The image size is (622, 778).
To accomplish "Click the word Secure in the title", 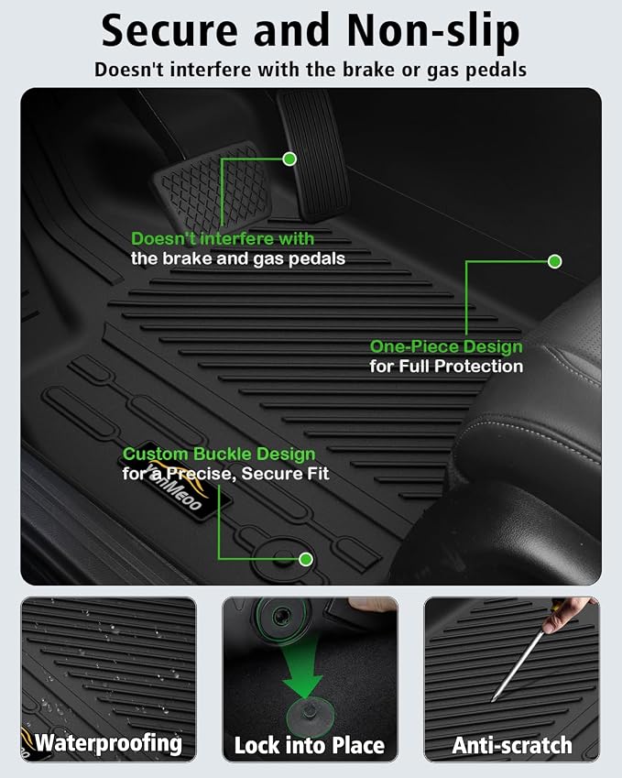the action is pyautogui.click(x=169, y=31).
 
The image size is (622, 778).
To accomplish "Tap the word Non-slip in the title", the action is pyautogui.click(x=432, y=32).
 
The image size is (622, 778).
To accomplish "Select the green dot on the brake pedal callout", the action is pyautogui.click(x=289, y=159).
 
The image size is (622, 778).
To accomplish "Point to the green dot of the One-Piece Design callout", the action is pyautogui.click(x=554, y=261).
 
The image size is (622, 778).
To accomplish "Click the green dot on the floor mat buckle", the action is pyautogui.click(x=306, y=559).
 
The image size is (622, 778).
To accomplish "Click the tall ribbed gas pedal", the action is pyautogui.click(x=313, y=155).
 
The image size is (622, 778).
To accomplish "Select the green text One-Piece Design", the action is pyautogui.click(x=446, y=346).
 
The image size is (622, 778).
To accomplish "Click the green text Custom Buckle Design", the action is pyautogui.click(x=219, y=454).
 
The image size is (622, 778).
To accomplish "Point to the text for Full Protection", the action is pyautogui.click(x=446, y=367).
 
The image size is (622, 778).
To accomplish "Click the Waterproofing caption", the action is pyautogui.click(x=108, y=743).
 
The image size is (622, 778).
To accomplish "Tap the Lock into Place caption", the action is pyautogui.click(x=309, y=745).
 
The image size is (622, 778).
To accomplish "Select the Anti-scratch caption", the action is pyautogui.click(x=512, y=745).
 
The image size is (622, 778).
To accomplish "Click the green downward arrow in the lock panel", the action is pyautogui.click(x=302, y=670).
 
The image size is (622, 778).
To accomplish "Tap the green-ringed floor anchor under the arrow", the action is pyautogui.click(x=310, y=715).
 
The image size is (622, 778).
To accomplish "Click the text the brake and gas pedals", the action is pyautogui.click(x=238, y=259).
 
